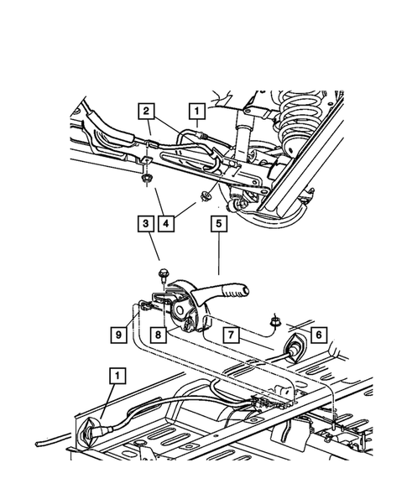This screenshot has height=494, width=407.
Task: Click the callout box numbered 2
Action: click(146, 111)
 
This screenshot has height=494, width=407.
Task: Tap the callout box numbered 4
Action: click(170, 224)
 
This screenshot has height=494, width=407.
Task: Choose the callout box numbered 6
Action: click(318, 334)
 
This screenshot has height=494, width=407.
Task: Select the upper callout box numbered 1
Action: click(196, 110)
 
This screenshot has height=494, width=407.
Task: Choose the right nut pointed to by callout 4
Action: click(204, 198)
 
